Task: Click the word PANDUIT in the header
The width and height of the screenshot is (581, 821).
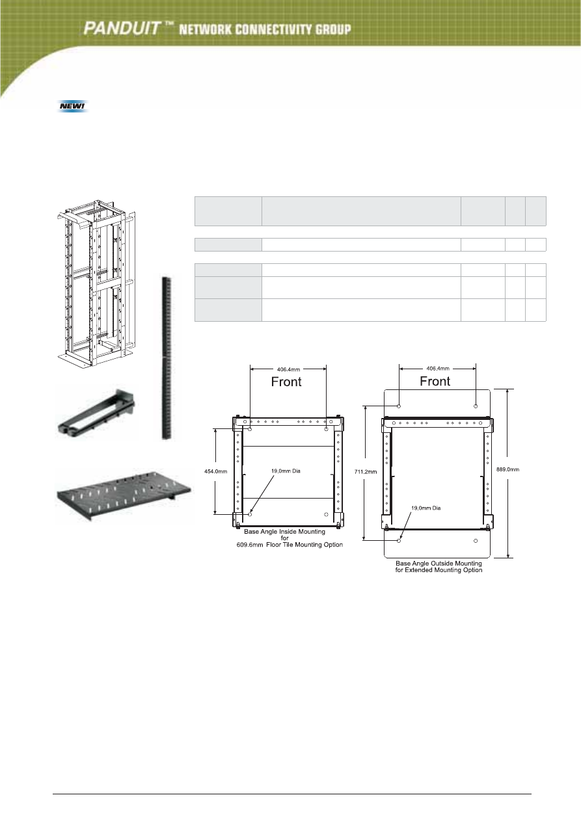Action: [x=121, y=28]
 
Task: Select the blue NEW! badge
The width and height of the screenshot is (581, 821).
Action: [x=73, y=107]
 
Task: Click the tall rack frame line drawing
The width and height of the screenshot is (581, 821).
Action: [x=96, y=283]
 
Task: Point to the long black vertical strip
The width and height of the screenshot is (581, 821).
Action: [x=167, y=358]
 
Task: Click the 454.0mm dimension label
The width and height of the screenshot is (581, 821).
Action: [x=215, y=471]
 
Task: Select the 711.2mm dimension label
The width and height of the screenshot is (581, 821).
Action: [x=366, y=472]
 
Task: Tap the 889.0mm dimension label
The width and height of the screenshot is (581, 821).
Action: [x=507, y=469]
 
